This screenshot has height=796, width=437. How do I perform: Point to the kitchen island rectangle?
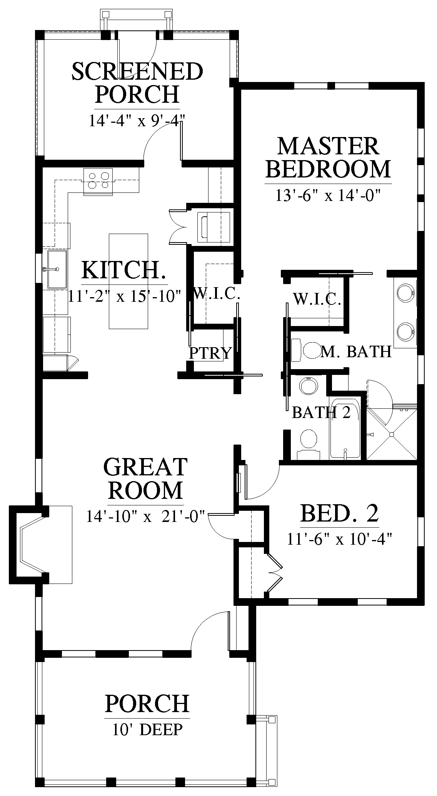[x=128, y=281]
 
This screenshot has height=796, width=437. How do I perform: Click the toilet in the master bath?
[x=307, y=350]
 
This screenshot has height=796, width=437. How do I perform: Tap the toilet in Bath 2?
[x=309, y=445]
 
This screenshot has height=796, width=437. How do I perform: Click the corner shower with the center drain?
[x=392, y=434]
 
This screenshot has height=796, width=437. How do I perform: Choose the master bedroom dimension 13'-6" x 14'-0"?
[x=328, y=196]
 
